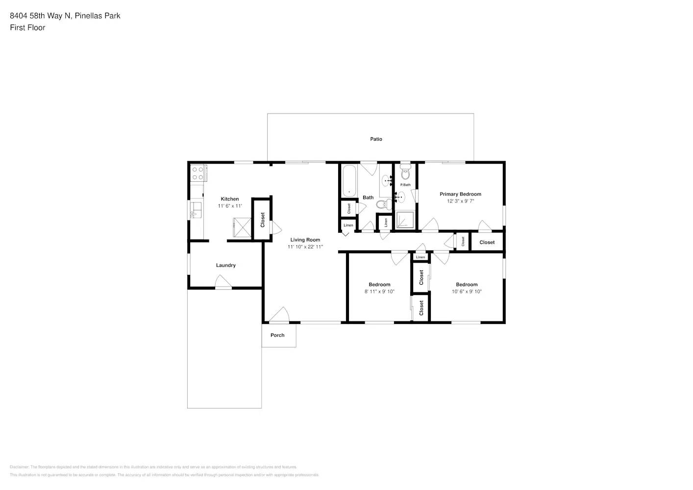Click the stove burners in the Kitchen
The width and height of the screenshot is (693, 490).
click(198, 173)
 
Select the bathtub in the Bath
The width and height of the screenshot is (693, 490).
click(349, 181)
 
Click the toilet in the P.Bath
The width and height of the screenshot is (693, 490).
click(405, 173)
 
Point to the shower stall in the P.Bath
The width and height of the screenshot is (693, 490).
click(405, 220)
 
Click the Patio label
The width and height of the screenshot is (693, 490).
click(376, 139)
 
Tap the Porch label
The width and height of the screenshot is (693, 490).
click(277, 335)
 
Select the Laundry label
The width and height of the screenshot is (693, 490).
click(226, 265)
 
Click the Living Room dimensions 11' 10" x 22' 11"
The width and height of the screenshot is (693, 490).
click(305, 247)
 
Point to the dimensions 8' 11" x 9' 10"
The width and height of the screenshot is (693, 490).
click(379, 292)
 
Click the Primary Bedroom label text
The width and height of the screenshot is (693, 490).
click(460, 194)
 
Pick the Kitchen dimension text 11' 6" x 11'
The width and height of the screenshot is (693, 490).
click(230, 206)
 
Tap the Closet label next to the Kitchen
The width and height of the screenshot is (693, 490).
click(262, 220)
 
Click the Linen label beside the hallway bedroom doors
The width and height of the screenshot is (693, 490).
click(421, 257)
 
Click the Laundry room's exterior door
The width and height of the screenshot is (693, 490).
click(223, 282)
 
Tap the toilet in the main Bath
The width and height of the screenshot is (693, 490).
click(383, 204)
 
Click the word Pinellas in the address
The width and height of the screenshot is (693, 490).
click(88, 16)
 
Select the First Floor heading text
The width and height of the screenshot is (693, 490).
click(27, 27)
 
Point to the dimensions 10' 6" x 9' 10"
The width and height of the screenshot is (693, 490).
click(467, 292)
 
